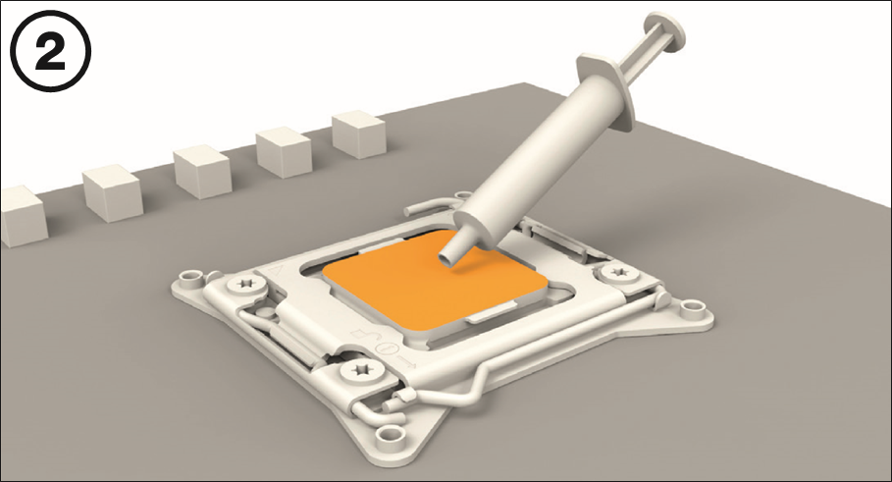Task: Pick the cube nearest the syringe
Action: (x=358, y=134)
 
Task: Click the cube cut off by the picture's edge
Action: (x=22, y=216)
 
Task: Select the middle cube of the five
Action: (x=201, y=171)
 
